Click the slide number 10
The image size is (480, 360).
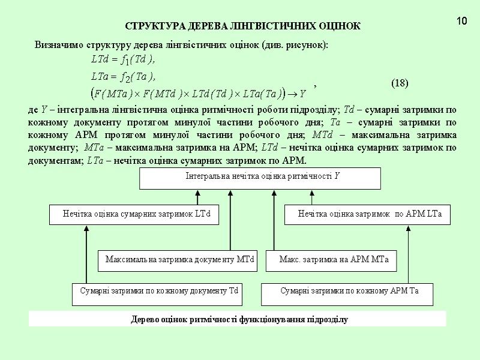coord(461,22)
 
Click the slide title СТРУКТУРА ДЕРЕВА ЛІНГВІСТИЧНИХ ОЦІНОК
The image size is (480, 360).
coord(242,26)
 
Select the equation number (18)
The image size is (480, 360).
coord(400,83)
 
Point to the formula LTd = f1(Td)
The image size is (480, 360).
coord(123,59)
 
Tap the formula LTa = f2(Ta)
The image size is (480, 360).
coord(123,76)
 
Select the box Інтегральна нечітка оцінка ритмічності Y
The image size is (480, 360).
coord(260,178)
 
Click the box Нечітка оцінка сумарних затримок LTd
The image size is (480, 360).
coord(133,214)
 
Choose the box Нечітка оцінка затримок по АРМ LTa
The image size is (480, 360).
coord(367,214)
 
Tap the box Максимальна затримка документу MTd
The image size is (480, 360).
coord(178,260)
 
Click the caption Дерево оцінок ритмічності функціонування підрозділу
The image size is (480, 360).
coord(238,319)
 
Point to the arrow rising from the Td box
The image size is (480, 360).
coord(86,252)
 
